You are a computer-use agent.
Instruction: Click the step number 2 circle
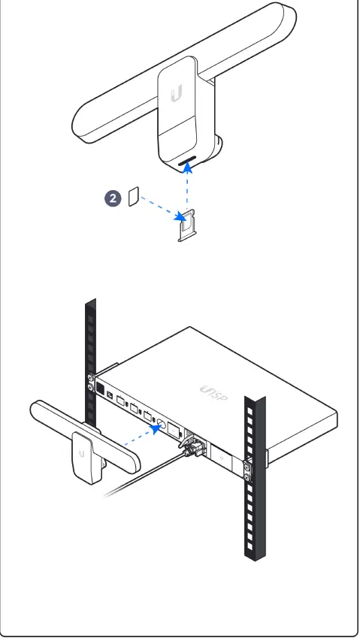tap(113, 198)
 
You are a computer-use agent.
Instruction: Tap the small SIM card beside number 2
tap(134, 198)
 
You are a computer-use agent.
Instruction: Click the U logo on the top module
tap(177, 94)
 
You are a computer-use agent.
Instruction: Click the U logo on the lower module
tap(80, 453)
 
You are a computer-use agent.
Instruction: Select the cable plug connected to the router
tap(192, 447)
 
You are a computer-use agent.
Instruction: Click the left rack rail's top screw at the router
tap(91, 378)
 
